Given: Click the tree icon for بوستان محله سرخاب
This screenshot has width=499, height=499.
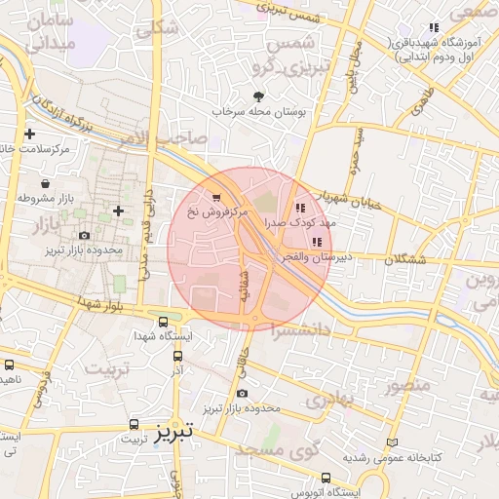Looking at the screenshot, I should (258, 96).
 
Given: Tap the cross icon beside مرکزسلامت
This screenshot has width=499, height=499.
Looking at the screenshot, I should (30, 134).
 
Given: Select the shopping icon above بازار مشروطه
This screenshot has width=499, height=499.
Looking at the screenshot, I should (46, 182).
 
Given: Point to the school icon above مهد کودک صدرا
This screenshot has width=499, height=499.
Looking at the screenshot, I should (300, 207).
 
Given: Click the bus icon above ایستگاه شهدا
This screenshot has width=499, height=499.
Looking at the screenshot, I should (163, 321).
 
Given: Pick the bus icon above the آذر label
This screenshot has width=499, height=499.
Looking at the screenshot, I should (177, 357).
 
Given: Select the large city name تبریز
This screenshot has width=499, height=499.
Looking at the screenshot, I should (173, 429).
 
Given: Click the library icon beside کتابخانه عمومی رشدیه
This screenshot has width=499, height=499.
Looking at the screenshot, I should (392, 442).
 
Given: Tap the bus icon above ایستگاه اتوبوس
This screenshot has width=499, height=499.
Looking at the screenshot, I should (326, 479).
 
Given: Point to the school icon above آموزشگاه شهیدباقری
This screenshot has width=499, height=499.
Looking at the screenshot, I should (434, 28).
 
